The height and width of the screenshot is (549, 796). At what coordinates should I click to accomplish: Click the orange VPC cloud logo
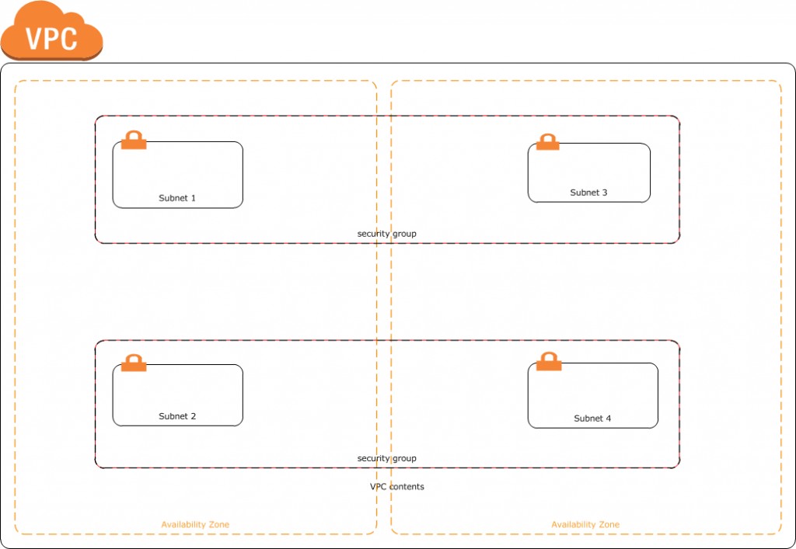(52, 31)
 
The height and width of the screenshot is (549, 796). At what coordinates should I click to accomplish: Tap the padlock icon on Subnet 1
(134, 140)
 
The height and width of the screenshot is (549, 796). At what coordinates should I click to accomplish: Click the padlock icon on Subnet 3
(548, 142)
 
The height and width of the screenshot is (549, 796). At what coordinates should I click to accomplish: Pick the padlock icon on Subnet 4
(549, 361)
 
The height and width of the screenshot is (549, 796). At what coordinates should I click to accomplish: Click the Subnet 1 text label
(177, 198)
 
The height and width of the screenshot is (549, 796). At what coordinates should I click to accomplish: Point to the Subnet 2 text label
(177, 416)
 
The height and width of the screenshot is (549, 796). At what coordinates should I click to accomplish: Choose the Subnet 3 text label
(588, 193)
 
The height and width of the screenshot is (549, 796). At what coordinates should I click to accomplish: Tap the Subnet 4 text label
(592, 419)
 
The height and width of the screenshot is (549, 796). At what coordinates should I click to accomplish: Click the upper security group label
(386, 234)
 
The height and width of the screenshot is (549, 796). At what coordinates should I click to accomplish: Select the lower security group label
(386, 458)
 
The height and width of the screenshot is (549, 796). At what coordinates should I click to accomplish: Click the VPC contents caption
(396, 487)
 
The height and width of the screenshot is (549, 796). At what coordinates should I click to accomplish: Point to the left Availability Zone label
(195, 525)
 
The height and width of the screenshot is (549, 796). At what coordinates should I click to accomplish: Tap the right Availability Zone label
(585, 525)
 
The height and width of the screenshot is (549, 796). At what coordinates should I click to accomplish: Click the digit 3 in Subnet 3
(605, 193)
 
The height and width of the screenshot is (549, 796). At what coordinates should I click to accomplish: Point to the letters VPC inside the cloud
(51, 38)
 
